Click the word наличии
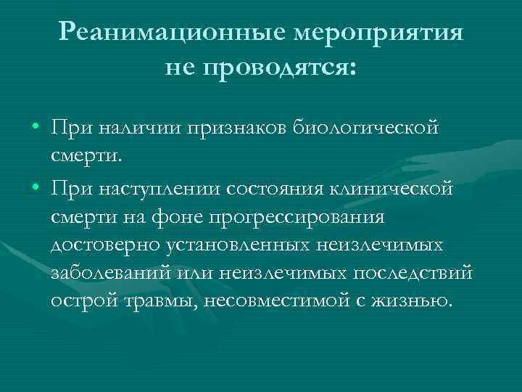(x=152, y=128)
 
